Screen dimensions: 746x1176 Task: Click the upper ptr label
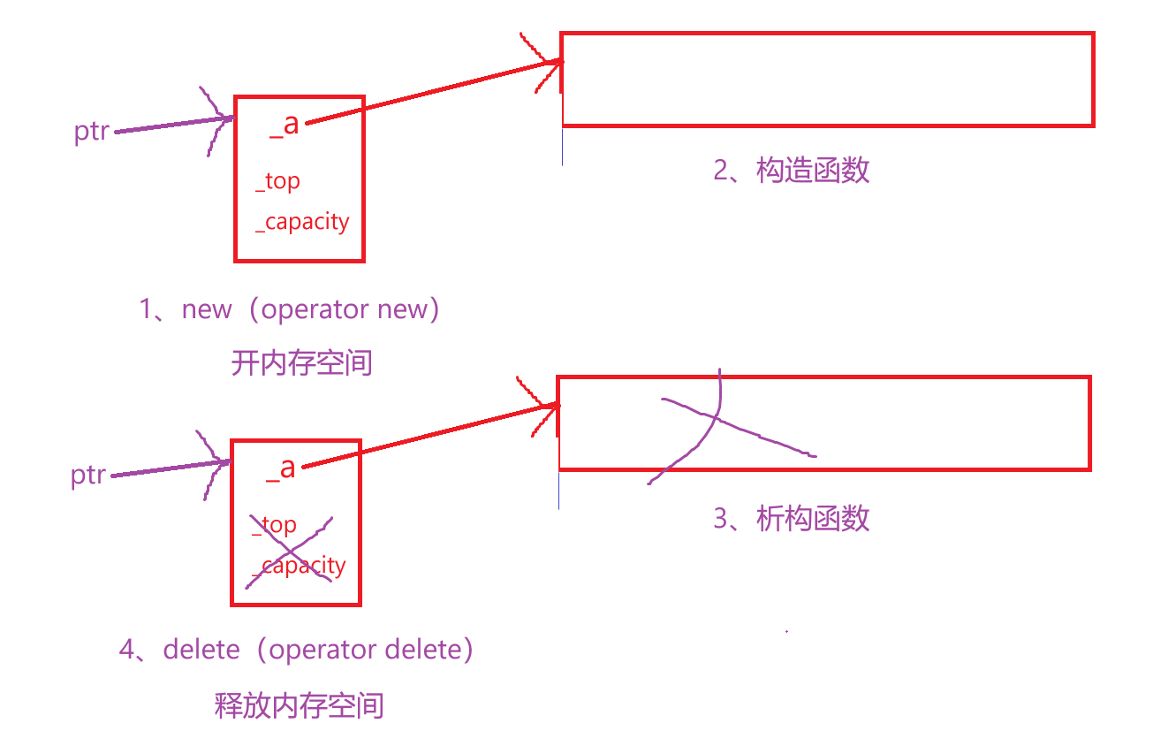(x=92, y=132)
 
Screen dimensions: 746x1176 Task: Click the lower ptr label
(x=88, y=475)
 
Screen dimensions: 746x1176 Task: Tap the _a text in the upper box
(x=285, y=124)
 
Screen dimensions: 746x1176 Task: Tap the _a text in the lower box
(x=281, y=467)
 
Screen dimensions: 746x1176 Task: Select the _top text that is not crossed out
(x=278, y=181)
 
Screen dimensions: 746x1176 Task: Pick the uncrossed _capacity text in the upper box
(x=302, y=221)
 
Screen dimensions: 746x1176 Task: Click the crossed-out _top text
(x=275, y=525)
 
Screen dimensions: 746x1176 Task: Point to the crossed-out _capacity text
(x=300, y=565)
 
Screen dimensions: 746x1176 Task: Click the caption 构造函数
(x=813, y=170)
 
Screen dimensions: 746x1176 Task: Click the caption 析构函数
(x=813, y=518)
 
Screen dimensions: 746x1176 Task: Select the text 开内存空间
(x=301, y=362)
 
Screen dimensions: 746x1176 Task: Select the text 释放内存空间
(x=300, y=705)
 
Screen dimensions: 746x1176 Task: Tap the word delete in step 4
(x=201, y=650)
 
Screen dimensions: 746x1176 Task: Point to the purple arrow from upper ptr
(x=168, y=125)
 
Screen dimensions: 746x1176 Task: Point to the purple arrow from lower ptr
(x=164, y=468)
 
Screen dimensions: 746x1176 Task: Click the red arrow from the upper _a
(x=433, y=92)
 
